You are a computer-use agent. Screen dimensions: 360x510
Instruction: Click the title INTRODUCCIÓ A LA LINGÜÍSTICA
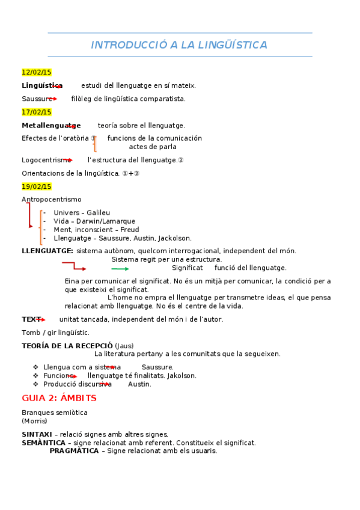click(x=179, y=45)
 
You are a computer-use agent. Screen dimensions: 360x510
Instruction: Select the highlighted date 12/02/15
click(x=37, y=72)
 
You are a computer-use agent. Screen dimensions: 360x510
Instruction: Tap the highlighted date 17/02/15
click(x=37, y=112)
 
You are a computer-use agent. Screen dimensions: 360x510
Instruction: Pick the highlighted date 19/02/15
click(x=37, y=186)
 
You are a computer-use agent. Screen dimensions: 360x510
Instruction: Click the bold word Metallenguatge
click(x=51, y=126)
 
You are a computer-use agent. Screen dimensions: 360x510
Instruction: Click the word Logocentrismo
click(x=46, y=160)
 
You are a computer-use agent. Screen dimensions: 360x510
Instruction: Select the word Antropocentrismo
click(x=52, y=199)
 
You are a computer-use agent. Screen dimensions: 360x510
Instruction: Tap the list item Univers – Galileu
click(x=82, y=213)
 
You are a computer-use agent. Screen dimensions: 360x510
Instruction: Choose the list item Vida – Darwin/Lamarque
click(x=94, y=221)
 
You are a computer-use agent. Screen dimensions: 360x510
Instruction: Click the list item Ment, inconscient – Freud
click(x=96, y=230)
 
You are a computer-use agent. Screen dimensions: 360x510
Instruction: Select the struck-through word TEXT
click(x=32, y=319)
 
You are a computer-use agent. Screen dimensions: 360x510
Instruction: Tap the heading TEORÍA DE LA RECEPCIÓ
click(x=67, y=346)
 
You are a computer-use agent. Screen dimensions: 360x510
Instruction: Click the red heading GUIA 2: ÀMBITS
click(x=59, y=398)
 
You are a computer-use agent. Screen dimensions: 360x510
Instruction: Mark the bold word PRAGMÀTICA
click(x=74, y=451)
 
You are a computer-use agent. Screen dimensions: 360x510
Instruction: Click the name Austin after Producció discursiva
click(x=139, y=384)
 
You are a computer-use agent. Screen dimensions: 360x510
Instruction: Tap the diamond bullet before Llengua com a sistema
click(x=36, y=367)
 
